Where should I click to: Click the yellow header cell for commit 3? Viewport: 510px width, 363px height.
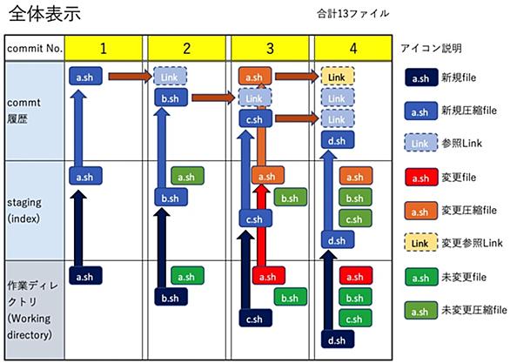pyautogui.click(x=270, y=49)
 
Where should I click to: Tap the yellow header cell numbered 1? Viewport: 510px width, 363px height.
pyautogui.click(x=103, y=49)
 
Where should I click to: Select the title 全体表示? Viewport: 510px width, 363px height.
pyautogui.click(x=44, y=14)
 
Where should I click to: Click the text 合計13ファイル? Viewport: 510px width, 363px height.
pyautogui.click(x=352, y=14)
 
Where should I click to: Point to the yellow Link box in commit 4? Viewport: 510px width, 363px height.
pyautogui.click(x=338, y=77)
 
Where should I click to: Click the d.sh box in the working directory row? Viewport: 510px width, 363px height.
pyautogui.click(x=338, y=339)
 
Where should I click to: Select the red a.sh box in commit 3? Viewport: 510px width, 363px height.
pyautogui.click(x=268, y=276)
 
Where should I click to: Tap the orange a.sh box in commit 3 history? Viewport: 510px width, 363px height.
pyautogui.click(x=255, y=77)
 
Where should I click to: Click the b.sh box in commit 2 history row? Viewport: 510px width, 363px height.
pyautogui.click(x=171, y=97)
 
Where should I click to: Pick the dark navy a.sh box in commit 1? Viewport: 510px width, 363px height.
pyautogui.click(x=85, y=276)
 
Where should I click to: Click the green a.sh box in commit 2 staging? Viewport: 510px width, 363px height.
pyautogui.click(x=187, y=176)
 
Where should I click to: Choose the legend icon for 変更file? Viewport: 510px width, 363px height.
pyautogui.click(x=421, y=178)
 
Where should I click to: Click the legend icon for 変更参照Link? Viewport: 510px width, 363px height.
pyautogui.click(x=421, y=242)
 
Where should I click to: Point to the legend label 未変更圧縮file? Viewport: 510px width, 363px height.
pyautogui.click(x=474, y=309)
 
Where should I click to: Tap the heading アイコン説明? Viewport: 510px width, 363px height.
pyautogui.click(x=432, y=48)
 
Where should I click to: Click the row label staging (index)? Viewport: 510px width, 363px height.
pyautogui.click(x=24, y=210)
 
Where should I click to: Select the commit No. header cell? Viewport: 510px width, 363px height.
pyautogui.click(x=35, y=49)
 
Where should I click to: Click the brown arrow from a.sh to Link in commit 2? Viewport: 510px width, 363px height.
pyautogui.click(x=130, y=77)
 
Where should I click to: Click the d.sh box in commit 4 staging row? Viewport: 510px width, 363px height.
pyautogui.click(x=338, y=239)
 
